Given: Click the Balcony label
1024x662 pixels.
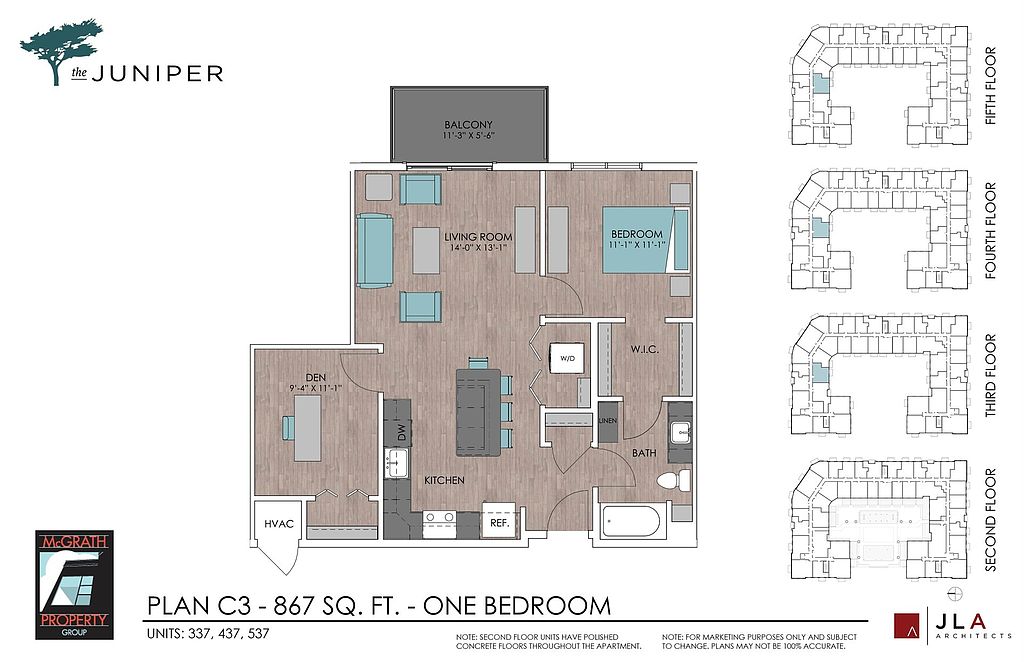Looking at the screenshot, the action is pos(468,124).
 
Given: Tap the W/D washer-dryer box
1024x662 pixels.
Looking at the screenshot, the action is pos(567,358).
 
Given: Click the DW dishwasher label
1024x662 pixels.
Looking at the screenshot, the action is pos(402,432).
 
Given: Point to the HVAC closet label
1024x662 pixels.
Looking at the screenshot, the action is pos(279,524).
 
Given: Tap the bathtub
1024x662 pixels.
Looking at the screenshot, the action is pos(631,522).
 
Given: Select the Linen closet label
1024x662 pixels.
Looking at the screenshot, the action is pos(607,420).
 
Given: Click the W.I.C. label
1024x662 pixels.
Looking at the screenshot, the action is pos(645,349).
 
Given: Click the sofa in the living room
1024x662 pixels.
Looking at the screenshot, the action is pos(375,251).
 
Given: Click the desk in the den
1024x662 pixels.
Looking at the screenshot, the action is pos(308,428).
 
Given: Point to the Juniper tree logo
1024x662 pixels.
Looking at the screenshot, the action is pos(61,52).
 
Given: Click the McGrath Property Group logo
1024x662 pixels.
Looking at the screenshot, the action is pos(74,584).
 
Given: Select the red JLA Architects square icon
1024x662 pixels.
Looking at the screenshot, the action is pos(907,625).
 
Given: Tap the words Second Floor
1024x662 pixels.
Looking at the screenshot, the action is pos(991,520).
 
